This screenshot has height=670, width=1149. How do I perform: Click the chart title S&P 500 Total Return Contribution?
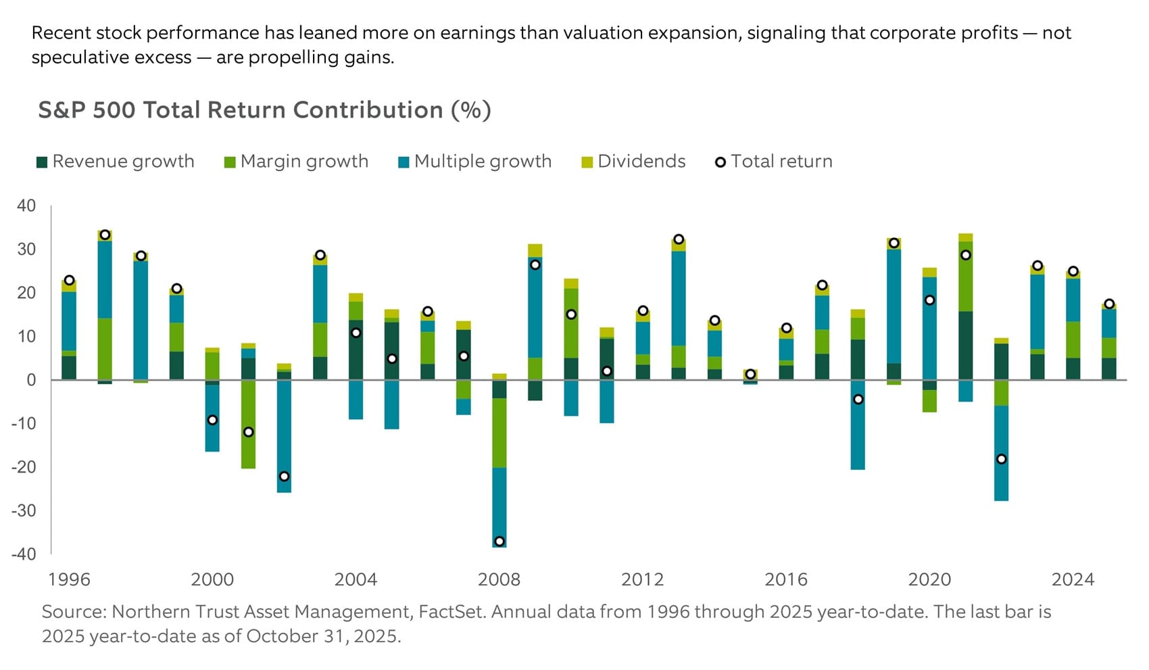click(264, 110)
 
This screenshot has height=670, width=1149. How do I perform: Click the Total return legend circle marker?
click(720, 162)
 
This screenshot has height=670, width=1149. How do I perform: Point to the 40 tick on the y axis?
click(26, 206)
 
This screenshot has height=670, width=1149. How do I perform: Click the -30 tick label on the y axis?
click(24, 510)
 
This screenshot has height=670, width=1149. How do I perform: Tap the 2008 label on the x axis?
click(499, 579)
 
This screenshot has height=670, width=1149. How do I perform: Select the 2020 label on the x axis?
click(929, 579)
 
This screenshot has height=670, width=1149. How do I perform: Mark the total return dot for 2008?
click(499, 542)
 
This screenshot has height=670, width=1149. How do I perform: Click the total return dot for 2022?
click(1001, 459)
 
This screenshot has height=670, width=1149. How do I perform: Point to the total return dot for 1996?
click(69, 280)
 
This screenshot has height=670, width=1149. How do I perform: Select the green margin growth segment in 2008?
click(499, 433)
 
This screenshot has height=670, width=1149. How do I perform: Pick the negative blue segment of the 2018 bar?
click(858, 436)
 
